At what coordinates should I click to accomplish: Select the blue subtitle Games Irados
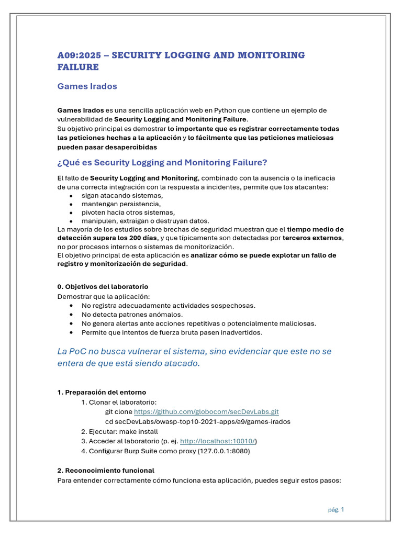click(87, 86)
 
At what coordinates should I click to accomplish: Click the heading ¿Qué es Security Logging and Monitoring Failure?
click(162, 162)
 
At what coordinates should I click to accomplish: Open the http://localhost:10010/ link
click(218, 441)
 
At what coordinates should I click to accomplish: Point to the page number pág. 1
click(336, 509)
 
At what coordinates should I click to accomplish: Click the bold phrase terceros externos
click(312, 238)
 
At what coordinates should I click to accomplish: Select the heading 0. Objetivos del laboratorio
click(103, 287)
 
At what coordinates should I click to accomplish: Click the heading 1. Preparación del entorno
click(102, 392)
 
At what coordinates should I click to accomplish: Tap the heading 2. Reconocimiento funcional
click(106, 471)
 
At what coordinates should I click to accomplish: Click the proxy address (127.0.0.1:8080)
click(224, 451)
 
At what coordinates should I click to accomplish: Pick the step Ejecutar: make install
click(119, 431)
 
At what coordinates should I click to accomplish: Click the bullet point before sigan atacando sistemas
click(71, 196)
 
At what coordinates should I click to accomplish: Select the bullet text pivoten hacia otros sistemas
click(128, 213)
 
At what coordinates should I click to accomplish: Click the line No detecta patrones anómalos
click(132, 315)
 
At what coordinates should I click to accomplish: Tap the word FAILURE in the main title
click(78, 68)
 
